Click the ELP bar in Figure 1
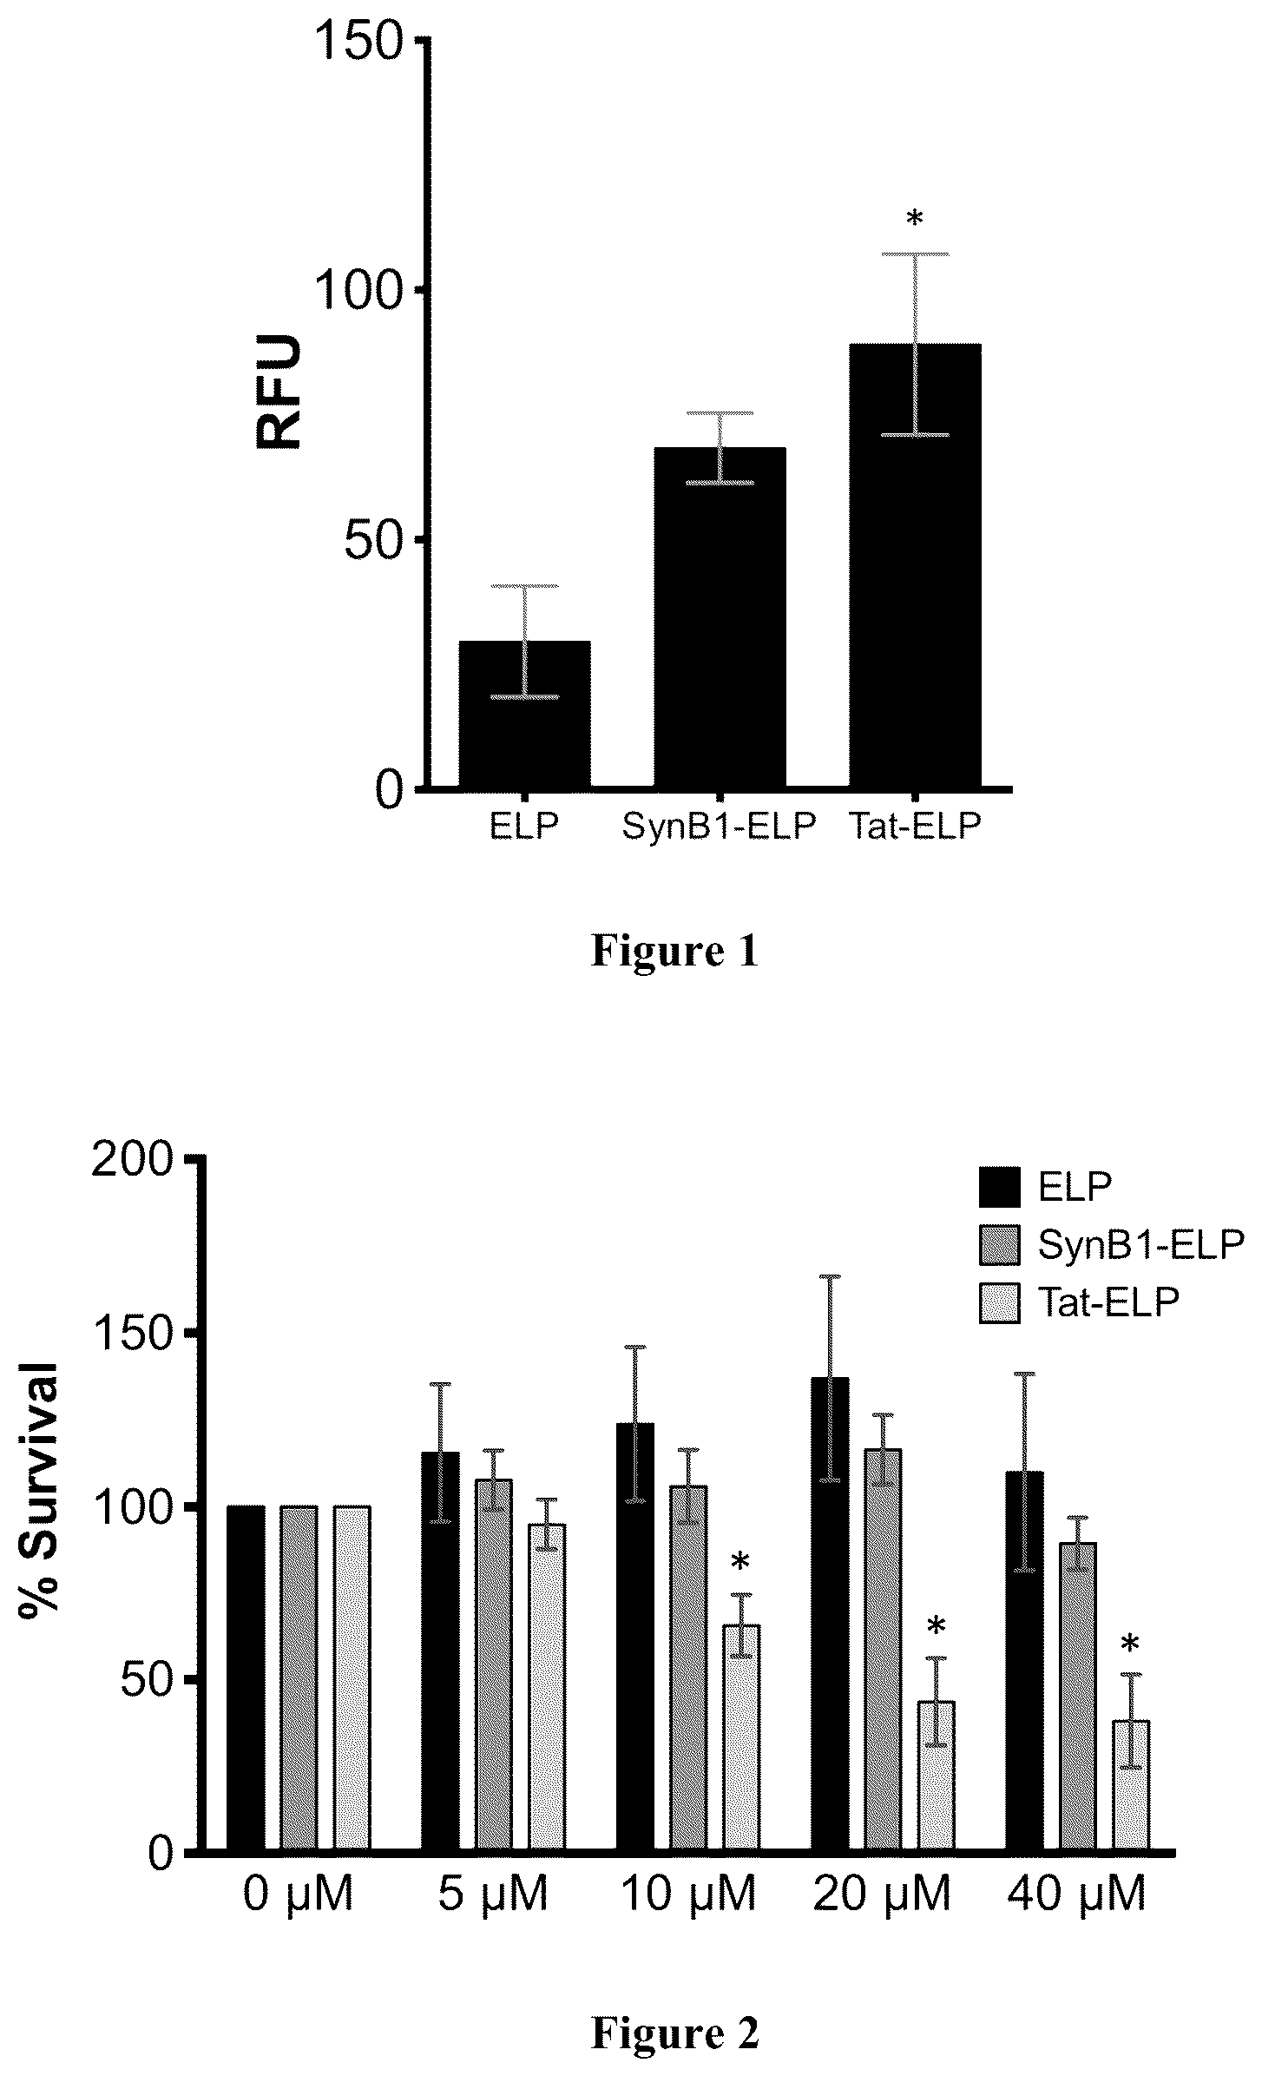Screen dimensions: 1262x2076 pos(524,715)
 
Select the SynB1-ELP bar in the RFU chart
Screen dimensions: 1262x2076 pos(720,618)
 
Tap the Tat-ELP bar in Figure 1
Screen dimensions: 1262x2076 pos(915,566)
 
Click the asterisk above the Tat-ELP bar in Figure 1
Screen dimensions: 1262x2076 pos(915,219)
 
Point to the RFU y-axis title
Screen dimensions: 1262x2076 pos(279,392)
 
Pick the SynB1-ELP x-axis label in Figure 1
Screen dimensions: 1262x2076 pos(720,826)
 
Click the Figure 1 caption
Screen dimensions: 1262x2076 pos(674,951)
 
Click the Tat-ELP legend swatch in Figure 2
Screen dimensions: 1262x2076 pos(1002,1303)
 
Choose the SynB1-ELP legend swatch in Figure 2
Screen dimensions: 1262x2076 pos(1002,1245)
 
